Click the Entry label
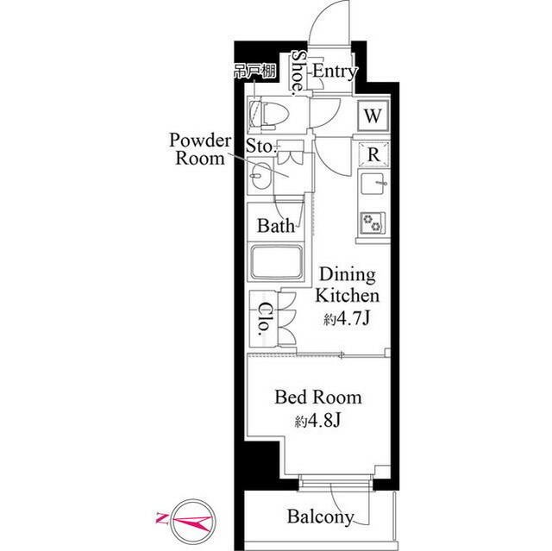pyautogui.click(x=335, y=72)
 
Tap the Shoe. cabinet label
pyautogui.click(x=299, y=72)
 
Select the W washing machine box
pyautogui.click(x=373, y=116)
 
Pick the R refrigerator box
pyautogui.click(x=373, y=154)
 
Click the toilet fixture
pyautogui.click(x=269, y=114)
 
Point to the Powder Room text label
pyautogui.click(x=200, y=149)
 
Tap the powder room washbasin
pyautogui.click(x=260, y=175)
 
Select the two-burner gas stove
pyautogui.click(x=373, y=223)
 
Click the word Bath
pyautogui.click(x=276, y=226)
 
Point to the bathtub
pyautogui.click(x=276, y=262)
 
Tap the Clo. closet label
pyautogui.click(x=264, y=319)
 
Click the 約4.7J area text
pyautogui.click(x=347, y=319)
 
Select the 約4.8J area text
pyautogui.click(x=318, y=421)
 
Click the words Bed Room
pyautogui.click(x=318, y=398)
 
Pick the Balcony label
pyautogui.click(x=321, y=517)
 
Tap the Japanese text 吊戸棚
pyautogui.click(x=255, y=72)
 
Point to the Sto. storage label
pyautogui.click(x=260, y=146)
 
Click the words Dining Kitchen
pyautogui.click(x=348, y=285)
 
